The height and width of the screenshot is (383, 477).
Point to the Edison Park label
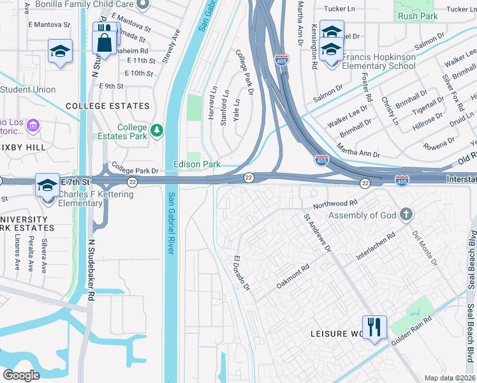tap(197, 165)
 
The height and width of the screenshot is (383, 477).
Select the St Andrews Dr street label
tap(317, 233)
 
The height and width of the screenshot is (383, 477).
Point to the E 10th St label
tap(140, 73)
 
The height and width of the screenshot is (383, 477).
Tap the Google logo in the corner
tap(22, 375)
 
